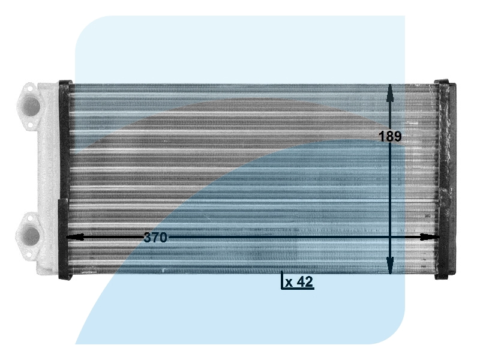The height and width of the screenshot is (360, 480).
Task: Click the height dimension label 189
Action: [390, 136]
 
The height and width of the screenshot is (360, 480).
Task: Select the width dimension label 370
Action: [155, 238]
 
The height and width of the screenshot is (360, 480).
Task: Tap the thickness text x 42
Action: [299, 282]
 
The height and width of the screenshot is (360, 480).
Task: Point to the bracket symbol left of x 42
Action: [283, 281]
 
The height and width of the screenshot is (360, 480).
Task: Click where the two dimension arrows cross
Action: [390, 237]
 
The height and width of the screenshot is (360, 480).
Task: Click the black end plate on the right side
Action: [445, 180]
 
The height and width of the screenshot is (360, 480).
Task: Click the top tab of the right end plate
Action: [445, 82]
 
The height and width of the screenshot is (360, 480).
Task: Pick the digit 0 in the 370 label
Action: [163, 238]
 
